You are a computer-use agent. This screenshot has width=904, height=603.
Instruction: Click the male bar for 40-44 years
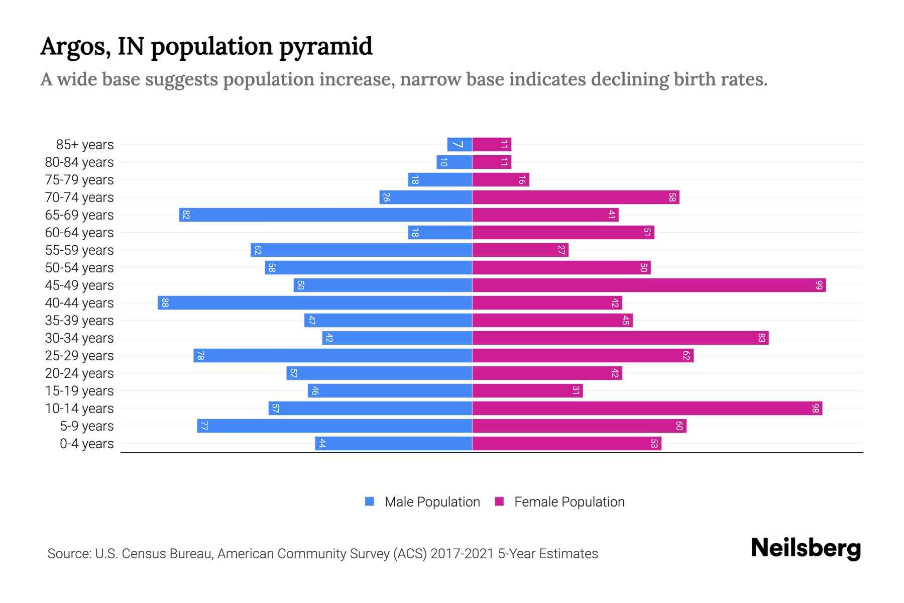click(x=315, y=303)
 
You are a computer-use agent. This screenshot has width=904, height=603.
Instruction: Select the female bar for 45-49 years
click(x=649, y=285)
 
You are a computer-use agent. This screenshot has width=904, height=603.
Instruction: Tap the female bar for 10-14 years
click(x=647, y=409)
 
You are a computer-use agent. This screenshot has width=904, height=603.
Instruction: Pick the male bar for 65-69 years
click(x=325, y=215)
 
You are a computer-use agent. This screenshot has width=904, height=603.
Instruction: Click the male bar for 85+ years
click(x=460, y=145)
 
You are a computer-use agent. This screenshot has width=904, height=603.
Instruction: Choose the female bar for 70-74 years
click(x=576, y=197)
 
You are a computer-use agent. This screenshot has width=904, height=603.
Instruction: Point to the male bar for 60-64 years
click(x=440, y=233)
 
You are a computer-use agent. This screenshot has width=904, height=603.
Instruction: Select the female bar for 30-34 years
click(x=620, y=338)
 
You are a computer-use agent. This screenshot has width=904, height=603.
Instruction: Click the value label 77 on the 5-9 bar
click(x=204, y=426)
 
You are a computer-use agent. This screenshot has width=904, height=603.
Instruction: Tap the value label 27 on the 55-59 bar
click(x=561, y=250)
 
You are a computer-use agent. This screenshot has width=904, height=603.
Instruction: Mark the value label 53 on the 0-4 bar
click(x=654, y=444)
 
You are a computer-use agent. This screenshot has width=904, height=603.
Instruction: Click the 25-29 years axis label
click(x=79, y=356)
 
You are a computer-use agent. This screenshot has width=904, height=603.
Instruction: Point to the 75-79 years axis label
click(x=79, y=180)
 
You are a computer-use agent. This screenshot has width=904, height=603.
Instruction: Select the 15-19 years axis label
click(x=79, y=391)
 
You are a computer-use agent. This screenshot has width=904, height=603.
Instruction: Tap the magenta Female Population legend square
click(x=499, y=501)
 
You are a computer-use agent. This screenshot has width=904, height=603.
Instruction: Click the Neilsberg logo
click(x=806, y=548)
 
